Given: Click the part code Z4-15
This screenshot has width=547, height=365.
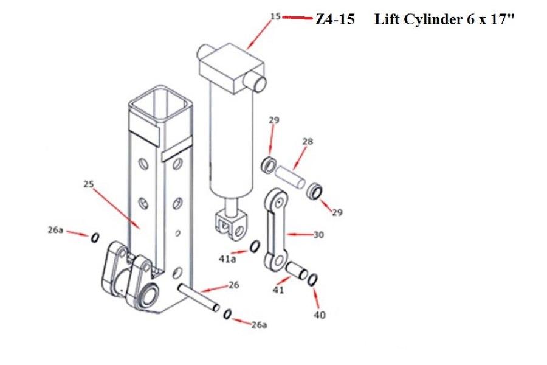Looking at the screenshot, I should (335, 19).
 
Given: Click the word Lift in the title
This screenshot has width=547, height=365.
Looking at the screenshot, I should (387, 19).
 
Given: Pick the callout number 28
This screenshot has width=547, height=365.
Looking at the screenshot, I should (308, 142).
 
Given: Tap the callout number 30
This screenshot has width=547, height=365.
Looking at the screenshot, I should (318, 234).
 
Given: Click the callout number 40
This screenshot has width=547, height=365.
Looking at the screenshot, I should (320, 315).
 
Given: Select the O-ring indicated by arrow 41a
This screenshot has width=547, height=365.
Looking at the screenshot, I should (255, 246).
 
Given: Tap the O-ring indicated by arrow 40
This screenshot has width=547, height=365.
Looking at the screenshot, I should (312, 280).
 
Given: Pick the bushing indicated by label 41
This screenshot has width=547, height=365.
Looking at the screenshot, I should (296, 269).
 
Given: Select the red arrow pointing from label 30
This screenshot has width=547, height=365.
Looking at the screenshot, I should (298, 233).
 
